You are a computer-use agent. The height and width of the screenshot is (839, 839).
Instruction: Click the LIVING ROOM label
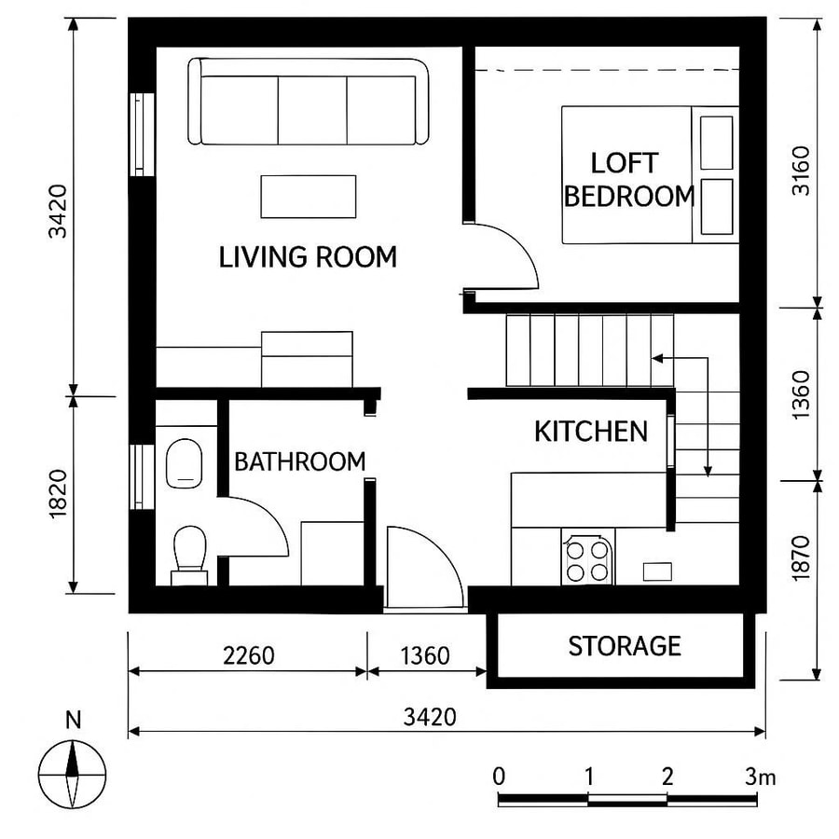click(x=308, y=257)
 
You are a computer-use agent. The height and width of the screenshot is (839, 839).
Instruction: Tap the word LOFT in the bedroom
click(x=624, y=164)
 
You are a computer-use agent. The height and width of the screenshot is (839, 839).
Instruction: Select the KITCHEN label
click(x=590, y=431)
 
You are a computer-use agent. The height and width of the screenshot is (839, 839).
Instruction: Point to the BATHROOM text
click(x=299, y=461)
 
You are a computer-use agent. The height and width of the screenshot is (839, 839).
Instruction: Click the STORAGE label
click(x=625, y=646)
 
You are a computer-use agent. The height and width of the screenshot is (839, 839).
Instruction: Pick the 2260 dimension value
click(x=249, y=655)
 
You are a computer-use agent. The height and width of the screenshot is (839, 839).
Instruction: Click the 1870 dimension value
click(x=801, y=557)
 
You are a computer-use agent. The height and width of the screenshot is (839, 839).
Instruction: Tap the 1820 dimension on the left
click(x=58, y=493)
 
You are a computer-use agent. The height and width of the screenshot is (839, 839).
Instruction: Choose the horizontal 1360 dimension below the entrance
click(x=425, y=655)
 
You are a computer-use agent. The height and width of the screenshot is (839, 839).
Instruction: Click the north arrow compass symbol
click(x=73, y=773)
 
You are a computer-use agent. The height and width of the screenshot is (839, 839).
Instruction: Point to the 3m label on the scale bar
click(x=760, y=777)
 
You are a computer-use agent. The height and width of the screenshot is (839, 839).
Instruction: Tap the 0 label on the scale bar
click(x=500, y=777)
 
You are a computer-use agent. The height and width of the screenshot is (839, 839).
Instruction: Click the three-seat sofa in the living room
click(x=309, y=103)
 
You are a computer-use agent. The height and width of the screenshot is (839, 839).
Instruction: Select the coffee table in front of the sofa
click(x=309, y=196)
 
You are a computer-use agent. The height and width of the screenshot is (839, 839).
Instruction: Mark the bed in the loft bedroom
click(x=649, y=174)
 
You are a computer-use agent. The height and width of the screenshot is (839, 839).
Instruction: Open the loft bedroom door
click(x=504, y=256)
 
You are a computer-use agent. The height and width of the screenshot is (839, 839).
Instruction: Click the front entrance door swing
click(x=424, y=569)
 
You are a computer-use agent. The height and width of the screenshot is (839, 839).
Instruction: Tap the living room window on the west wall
click(x=139, y=133)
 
